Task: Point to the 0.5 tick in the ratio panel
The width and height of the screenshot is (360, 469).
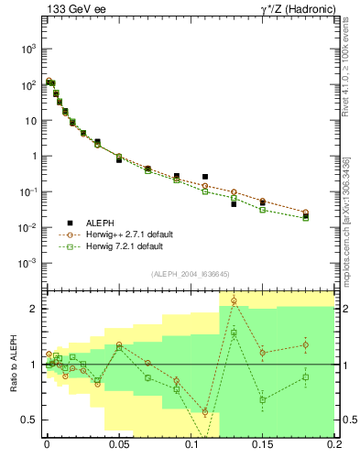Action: [30, 420]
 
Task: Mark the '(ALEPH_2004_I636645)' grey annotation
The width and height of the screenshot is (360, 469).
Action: [190, 275]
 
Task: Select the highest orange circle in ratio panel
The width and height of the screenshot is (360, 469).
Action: [234, 300]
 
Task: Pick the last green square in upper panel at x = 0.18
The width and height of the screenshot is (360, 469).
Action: [306, 218]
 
